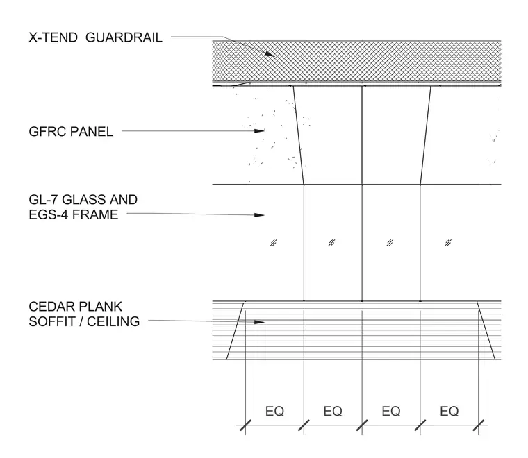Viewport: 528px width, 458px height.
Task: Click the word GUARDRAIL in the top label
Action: point(124,37)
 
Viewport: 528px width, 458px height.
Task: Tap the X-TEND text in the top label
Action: point(53,37)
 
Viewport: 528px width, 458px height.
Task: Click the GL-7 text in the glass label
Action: point(44,200)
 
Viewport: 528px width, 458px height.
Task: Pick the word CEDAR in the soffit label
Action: point(50,307)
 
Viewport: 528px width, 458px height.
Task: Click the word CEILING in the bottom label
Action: point(113,321)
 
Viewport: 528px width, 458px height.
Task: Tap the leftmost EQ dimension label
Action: point(275,411)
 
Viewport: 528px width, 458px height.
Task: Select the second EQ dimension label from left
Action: point(333,411)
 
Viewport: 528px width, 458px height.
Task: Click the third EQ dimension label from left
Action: point(391,411)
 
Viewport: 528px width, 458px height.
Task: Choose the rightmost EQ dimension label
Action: point(449,411)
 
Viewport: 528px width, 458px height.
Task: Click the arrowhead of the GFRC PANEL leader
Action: point(259,131)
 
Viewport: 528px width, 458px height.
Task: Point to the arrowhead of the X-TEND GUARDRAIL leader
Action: point(270,54)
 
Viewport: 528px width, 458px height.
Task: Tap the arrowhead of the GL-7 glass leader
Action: point(259,215)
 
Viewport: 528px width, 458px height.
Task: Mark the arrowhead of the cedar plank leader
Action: point(259,322)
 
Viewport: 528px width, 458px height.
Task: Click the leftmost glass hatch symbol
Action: point(274,243)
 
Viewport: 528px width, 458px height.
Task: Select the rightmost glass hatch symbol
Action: point(448,243)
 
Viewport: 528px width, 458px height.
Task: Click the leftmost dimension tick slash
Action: point(245,425)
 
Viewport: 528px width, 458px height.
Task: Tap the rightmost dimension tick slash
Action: point(479,425)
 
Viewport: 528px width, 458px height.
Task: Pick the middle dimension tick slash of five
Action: point(362,425)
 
